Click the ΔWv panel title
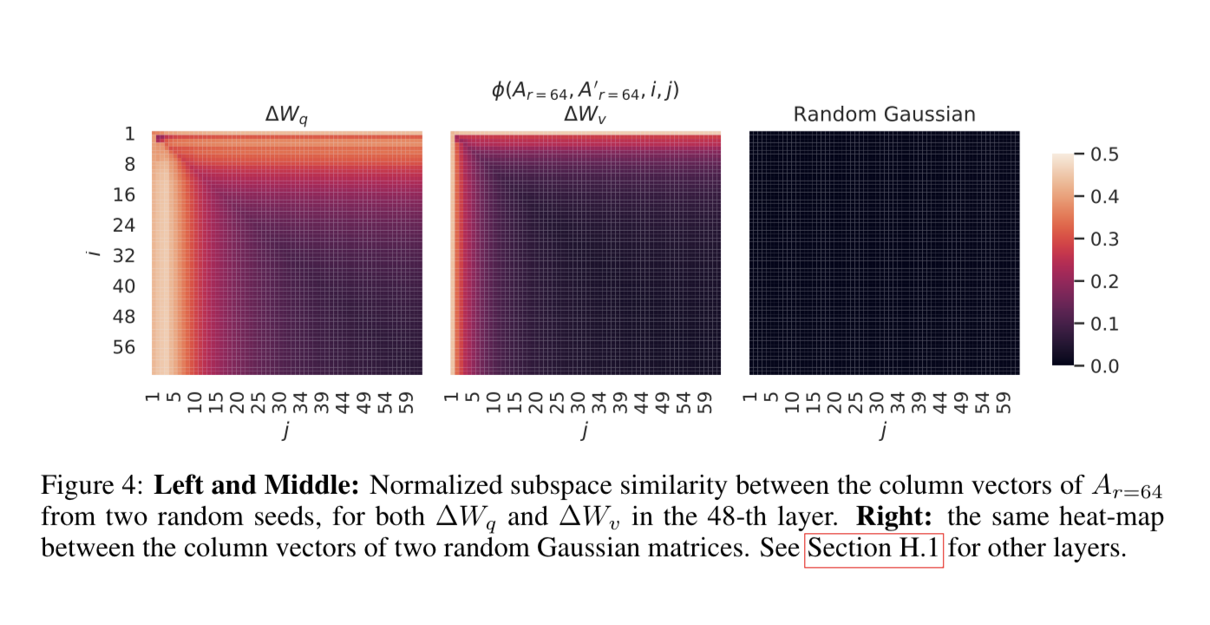tap(585, 115)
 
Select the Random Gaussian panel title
tap(884, 114)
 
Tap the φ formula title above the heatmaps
tap(585, 89)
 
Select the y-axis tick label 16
tap(126, 194)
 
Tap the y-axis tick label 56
tap(126, 347)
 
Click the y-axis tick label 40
tap(126, 286)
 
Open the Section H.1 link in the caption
tap(873, 550)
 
